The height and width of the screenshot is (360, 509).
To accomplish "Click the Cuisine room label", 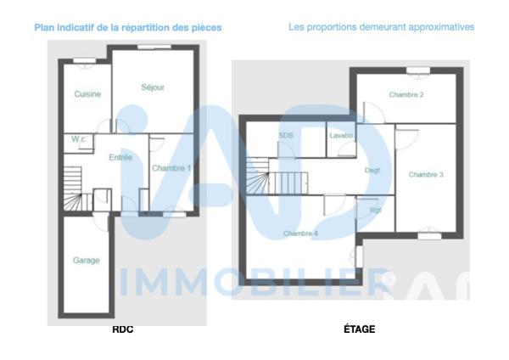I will [87, 94].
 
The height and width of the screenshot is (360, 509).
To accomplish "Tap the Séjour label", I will [153, 87].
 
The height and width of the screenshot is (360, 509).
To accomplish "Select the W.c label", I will [78, 139].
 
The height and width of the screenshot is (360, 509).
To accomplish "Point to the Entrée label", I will [120, 157].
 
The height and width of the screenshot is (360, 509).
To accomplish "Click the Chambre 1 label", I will [171, 168].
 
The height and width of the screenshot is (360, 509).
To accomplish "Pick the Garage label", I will [86, 261].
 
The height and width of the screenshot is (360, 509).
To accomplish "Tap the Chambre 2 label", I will [406, 95].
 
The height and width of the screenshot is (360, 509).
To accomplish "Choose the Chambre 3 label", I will [426, 175].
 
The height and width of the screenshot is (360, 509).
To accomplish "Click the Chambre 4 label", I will [301, 233].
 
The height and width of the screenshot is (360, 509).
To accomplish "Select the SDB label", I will [285, 136].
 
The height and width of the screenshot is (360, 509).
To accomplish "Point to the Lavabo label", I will [343, 136].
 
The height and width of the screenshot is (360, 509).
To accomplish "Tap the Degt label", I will [372, 171].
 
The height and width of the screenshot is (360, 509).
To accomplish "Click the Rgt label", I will [375, 210].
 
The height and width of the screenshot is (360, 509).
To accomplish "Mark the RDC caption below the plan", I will [123, 329].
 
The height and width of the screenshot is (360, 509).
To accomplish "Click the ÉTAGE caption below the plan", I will [360, 329].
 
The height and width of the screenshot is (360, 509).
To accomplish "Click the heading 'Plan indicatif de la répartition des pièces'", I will [128, 27].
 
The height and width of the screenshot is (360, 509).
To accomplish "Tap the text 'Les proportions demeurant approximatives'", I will [382, 27].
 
